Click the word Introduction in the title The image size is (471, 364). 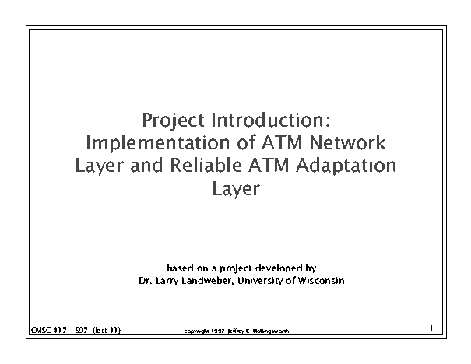pos(270,120)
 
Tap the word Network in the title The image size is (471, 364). pos(347,142)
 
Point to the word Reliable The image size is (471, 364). pos(206,165)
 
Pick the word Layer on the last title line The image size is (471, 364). pos(236,190)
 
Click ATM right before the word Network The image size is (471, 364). pos(282,143)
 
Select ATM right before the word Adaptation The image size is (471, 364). pos(269,166)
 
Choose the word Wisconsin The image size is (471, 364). pos(321,281)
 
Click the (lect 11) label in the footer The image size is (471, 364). pos(107,331)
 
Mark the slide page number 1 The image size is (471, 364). pos(431,328)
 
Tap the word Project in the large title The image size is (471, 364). pos(173,121)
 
